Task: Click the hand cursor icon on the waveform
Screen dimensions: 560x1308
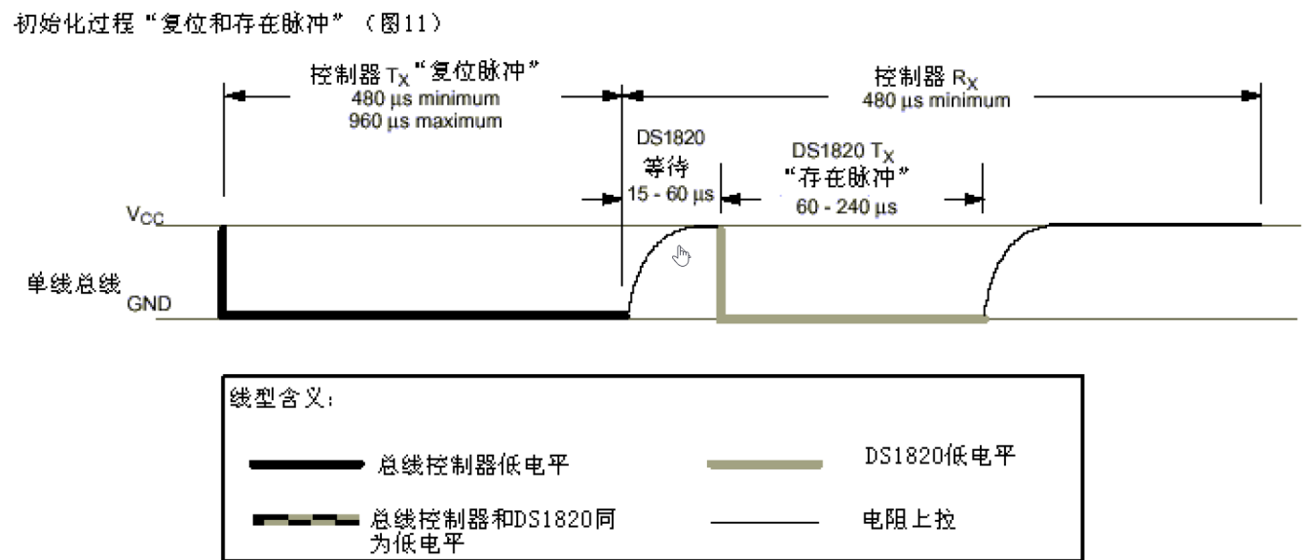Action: click(x=683, y=256)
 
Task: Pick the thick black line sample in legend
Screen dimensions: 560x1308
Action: click(x=305, y=465)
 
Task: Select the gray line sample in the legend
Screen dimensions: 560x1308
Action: click(x=764, y=465)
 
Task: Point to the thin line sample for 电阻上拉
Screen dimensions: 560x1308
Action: click(x=764, y=523)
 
